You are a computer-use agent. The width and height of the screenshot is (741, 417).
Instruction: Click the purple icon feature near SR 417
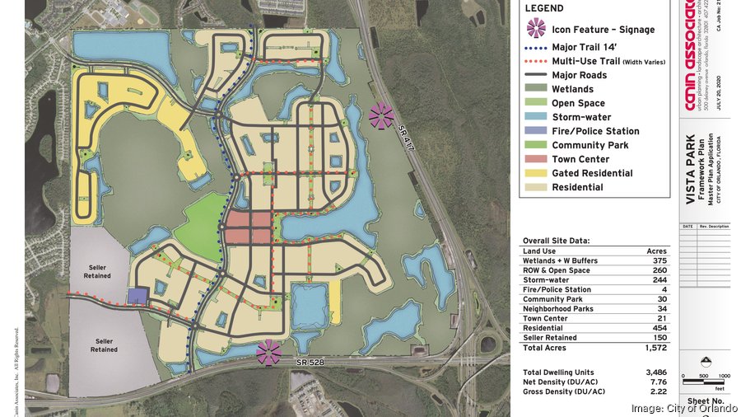[381, 116]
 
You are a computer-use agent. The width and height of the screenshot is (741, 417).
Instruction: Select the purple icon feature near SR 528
[268, 353]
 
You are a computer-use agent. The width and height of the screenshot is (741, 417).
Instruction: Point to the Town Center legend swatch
[535, 159]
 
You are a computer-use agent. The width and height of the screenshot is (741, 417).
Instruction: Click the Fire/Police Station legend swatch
[535, 131]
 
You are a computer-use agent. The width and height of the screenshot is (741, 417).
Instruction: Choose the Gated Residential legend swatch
[535, 173]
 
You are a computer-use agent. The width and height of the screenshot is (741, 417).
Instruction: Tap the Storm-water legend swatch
[535, 117]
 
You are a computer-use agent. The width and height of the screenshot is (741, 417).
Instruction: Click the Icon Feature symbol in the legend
[535, 30]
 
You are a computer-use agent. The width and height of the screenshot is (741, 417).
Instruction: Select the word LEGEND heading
[544, 8]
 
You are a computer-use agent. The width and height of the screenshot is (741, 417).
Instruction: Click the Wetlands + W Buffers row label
[560, 260]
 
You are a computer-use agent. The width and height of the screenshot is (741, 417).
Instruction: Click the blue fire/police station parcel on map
[137, 296]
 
